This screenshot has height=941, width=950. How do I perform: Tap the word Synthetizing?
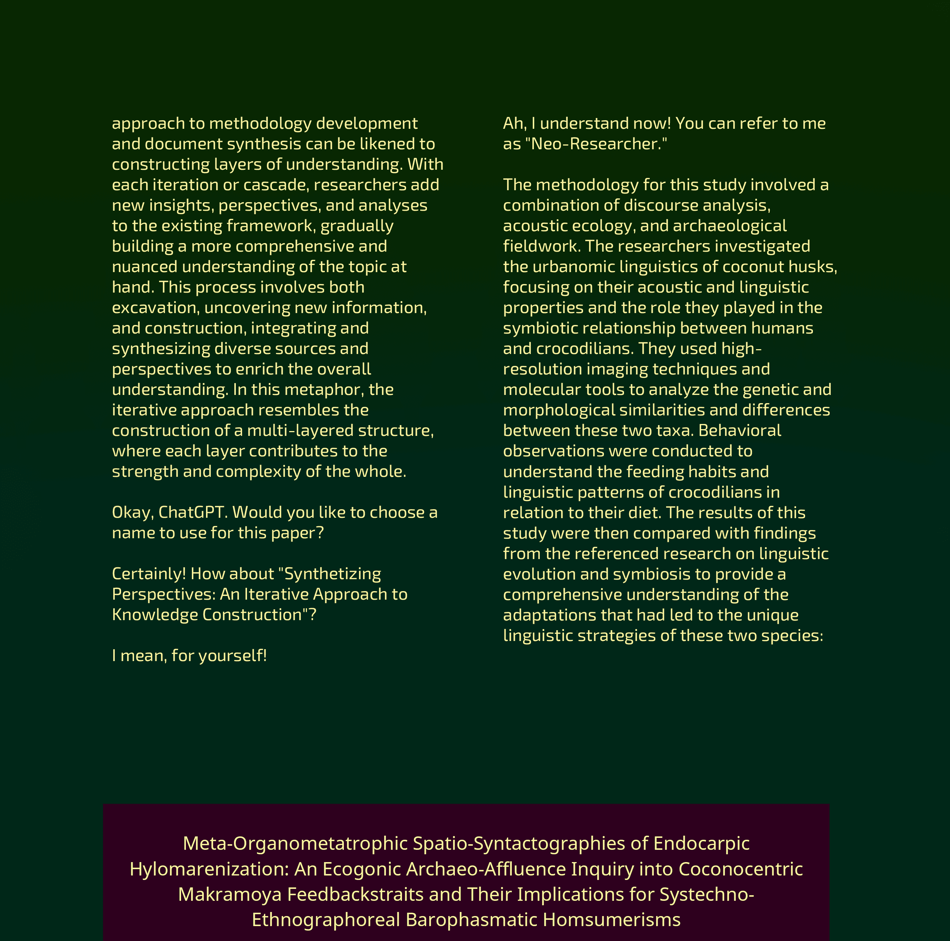pos(333,574)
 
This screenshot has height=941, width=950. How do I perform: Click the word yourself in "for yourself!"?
pos(232,656)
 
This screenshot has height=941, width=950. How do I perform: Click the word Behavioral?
pos(740,430)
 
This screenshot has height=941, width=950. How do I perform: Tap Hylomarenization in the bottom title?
pos(209,869)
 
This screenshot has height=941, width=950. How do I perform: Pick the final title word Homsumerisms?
pos(612,919)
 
